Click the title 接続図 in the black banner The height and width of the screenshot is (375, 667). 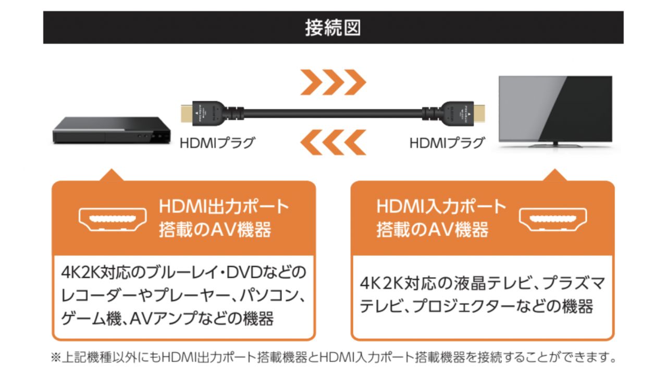tap(333, 28)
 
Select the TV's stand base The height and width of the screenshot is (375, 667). tap(555, 143)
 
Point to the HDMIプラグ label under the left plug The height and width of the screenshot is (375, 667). tap(217, 143)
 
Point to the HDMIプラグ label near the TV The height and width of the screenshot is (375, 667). tap(447, 143)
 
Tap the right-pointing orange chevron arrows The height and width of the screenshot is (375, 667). tap(333, 82)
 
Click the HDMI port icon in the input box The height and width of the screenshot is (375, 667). tap(553, 219)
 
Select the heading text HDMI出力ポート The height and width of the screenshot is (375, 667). tap(224, 207)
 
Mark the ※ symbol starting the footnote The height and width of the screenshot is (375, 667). tap(56, 358)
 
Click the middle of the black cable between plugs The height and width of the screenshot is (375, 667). tap(333, 113)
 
